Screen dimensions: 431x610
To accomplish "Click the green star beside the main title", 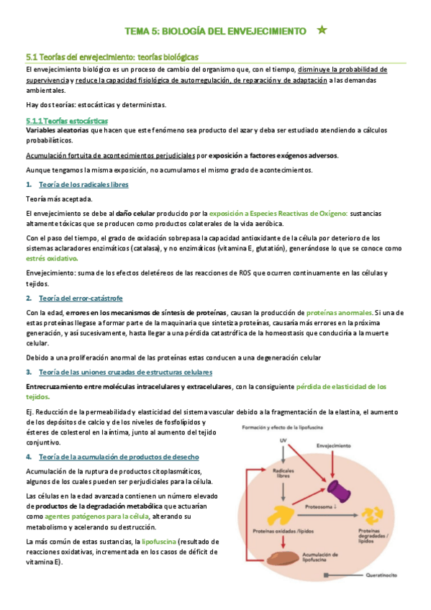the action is (x=322, y=30).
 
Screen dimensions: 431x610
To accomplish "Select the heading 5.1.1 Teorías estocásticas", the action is (x=66, y=121).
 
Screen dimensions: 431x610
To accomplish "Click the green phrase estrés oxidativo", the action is (x=52, y=258).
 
